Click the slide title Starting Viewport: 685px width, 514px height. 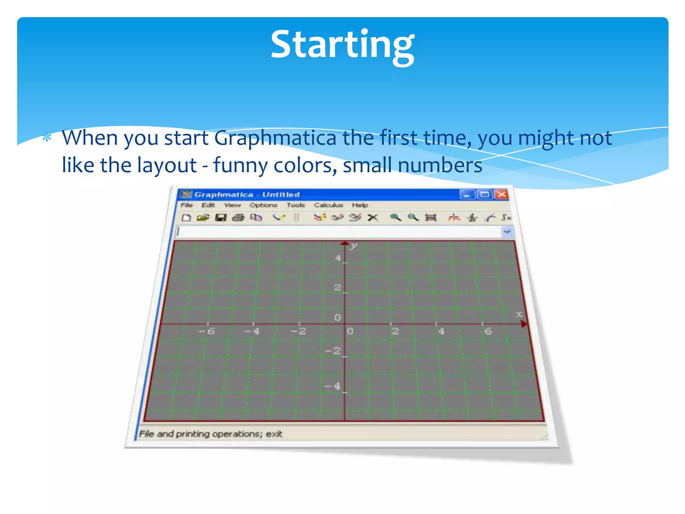(x=342, y=45)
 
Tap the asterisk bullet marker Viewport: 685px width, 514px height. (x=47, y=138)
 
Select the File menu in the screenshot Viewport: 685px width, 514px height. (x=186, y=205)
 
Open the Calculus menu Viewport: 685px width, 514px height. (x=328, y=205)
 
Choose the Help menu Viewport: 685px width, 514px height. (x=360, y=205)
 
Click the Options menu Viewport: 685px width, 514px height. (x=263, y=205)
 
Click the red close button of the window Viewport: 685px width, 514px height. (x=501, y=194)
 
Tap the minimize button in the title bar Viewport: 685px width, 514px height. (x=467, y=194)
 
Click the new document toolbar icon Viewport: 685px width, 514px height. (x=186, y=218)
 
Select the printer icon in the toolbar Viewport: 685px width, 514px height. (x=238, y=218)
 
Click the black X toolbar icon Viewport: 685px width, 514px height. (x=373, y=218)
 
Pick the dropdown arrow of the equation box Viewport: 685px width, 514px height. (x=507, y=232)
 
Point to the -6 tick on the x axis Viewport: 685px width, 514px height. (x=207, y=331)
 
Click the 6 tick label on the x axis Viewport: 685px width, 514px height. (x=488, y=331)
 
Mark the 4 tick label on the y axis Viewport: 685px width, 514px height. (x=338, y=258)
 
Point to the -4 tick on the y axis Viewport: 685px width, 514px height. (x=333, y=386)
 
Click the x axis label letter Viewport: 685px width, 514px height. (x=519, y=314)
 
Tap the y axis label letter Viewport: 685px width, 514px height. (x=354, y=247)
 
